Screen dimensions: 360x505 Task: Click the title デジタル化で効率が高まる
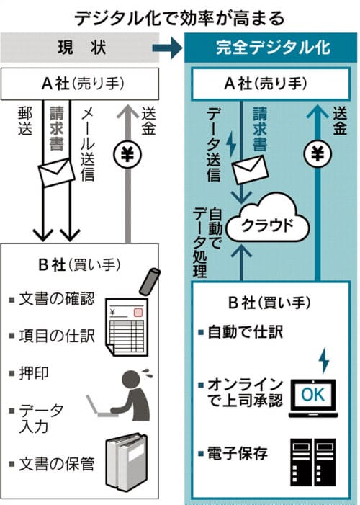click(x=180, y=18)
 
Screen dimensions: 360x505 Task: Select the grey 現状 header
click(x=79, y=48)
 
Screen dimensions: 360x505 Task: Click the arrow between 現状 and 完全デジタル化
click(x=167, y=48)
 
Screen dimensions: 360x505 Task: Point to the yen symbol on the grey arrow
click(x=127, y=155)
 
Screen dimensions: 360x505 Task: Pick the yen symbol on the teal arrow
click(x=318, y=155)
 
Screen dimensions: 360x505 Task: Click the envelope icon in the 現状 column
click(x=57, y=172)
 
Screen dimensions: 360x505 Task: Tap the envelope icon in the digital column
click(x=251, y=169)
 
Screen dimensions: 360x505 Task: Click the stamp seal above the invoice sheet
click(x=150, y=281)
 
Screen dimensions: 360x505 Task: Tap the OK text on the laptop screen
click(x=312, y=394)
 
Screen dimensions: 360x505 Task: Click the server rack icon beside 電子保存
click(x=313, y=462)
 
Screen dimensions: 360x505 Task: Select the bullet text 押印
click(x=34, y=374)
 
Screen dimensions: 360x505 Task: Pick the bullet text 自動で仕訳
click(x=246, y=331)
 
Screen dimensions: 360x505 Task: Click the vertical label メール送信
click(x=88, y=144)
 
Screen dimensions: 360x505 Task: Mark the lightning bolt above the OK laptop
click(x=324, y=360)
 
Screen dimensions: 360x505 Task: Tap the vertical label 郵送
click(x=25, y=122)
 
